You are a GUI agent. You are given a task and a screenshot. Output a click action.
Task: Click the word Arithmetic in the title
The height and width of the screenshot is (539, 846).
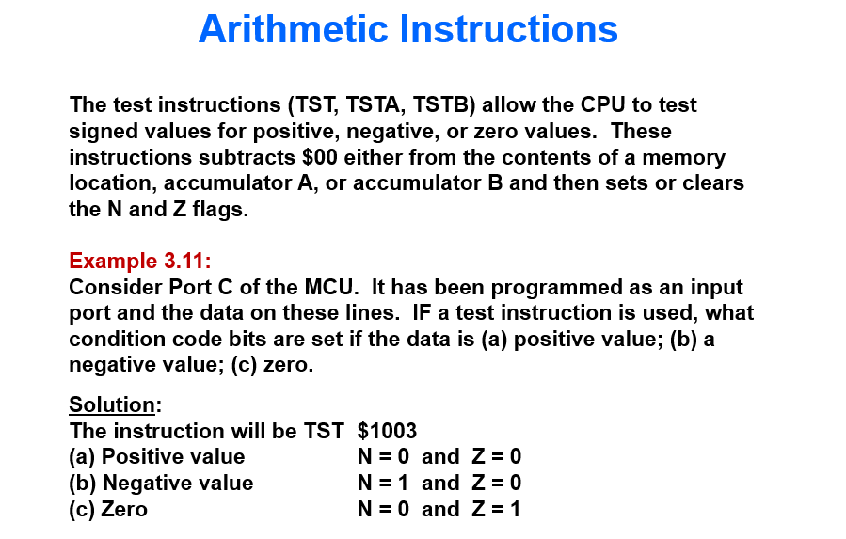294,30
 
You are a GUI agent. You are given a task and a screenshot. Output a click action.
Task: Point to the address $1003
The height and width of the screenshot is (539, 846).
387,431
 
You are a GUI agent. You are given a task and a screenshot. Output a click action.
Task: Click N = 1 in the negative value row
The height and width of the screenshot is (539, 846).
383,484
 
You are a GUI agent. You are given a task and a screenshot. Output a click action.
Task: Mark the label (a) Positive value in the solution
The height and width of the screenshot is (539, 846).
157,457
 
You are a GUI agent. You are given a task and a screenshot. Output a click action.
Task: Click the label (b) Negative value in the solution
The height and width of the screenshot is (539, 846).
161,484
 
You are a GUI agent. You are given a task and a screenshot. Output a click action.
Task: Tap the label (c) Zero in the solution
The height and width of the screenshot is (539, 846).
108,510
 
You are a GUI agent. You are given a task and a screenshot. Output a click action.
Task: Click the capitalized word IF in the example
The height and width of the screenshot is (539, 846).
423,313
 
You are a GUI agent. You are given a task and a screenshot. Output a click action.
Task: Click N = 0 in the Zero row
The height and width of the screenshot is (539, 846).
383,510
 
